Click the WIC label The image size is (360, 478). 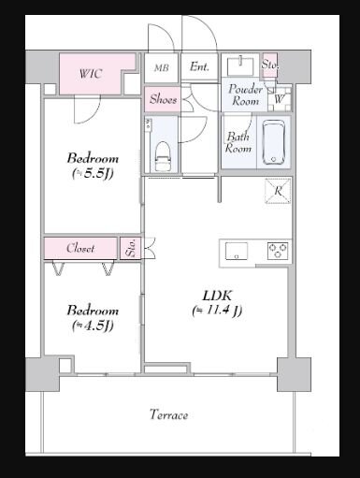(91, 74)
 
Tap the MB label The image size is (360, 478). (162, 67)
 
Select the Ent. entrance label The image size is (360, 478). (199, 66)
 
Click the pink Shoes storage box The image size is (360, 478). (163, 99)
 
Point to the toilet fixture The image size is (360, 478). (164, 156)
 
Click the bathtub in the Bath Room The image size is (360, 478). (274, 142)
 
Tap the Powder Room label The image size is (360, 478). (245, 95)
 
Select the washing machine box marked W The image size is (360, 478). (280, 99)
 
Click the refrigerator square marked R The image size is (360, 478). (278, 191)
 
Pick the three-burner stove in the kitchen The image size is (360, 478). (278, 251)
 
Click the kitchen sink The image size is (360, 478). (237, 251)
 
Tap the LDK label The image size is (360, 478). (218, 296)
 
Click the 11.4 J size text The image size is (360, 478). (217, 311)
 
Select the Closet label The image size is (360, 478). (80, 248)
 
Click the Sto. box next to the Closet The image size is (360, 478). (131, 248)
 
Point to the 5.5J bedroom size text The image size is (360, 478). (93, 174)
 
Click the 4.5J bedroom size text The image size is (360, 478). (93, 326)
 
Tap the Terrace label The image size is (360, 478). (169, 414)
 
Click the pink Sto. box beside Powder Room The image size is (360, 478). (269, 65)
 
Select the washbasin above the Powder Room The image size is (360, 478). (240, 65)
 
